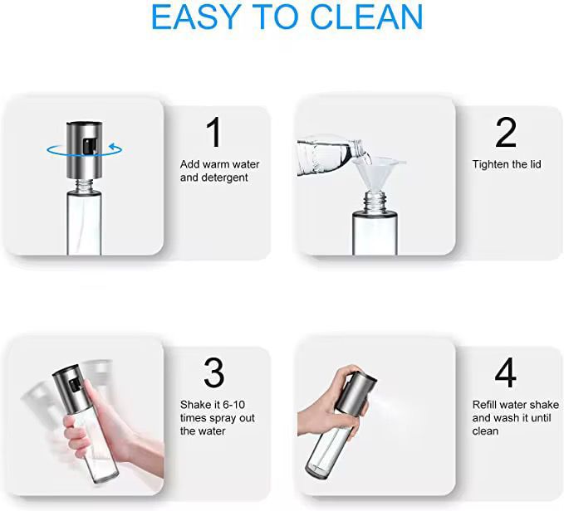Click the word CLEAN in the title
point(365,17)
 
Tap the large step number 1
point(214,132)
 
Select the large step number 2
point(506,132)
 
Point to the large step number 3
point(214,372)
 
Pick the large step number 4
point(505,372)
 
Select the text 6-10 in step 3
point(233,405)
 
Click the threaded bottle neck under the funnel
point(375,202)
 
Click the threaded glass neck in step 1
point(84,186)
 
